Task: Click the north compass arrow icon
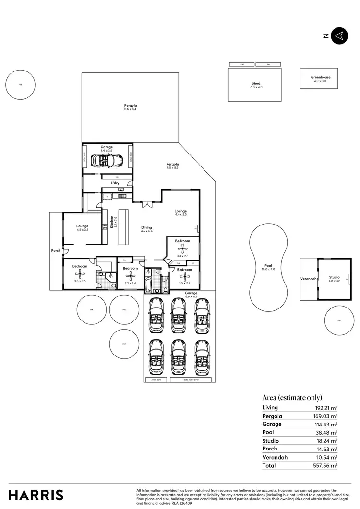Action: (x=339, y=36)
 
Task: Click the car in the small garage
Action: (x=109, y=162)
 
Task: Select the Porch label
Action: (x=56, y=250)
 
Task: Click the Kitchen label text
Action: (x=111, y=221)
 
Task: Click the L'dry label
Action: (x=115, y=183)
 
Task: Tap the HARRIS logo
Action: (x=36, y=495)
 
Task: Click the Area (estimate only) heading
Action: (x=292, y=397)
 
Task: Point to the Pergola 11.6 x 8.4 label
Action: (x=130, y=107)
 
